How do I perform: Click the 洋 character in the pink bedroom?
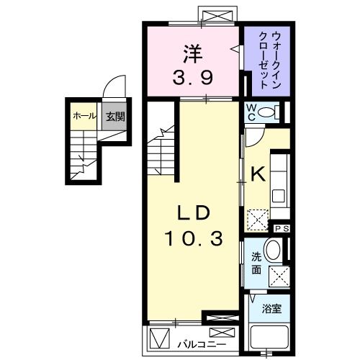pyautogui.click(x=192, y=54)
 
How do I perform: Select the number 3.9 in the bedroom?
pyautogui.click(x=192, y=75)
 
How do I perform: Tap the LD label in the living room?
pyautogui.click(x=193, y=214)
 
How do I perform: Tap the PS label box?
pyautogui.click(x=282, y=228)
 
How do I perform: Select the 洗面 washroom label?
pyautogui.click(x=256, y=264)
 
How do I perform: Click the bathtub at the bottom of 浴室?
pyautogui.click(x=269, y=338)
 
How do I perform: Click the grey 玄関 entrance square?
pyautogui.click(x=112, y=115)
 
